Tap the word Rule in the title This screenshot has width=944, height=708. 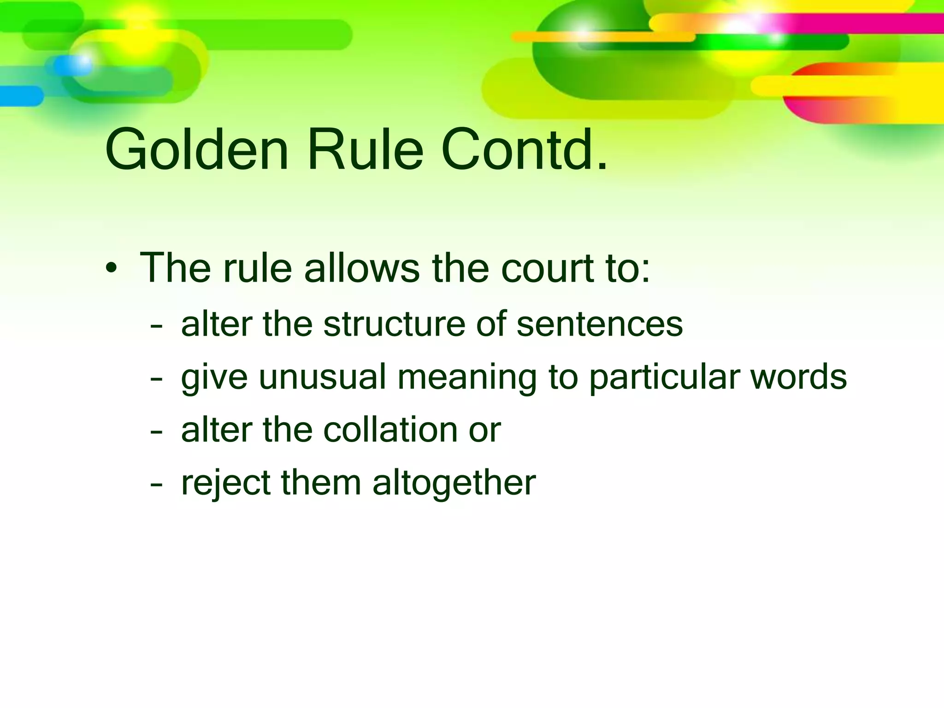[x=365, y=151]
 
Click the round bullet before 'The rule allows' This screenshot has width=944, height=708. [x=111, y=269]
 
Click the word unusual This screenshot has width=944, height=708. [x=322, y=377]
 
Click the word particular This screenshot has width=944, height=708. [x=663, y=377]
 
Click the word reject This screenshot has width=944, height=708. [x=225, y=483]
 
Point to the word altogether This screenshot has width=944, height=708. [x=454, y=483]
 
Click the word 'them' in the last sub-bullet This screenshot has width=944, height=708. [x=321, y=483]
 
